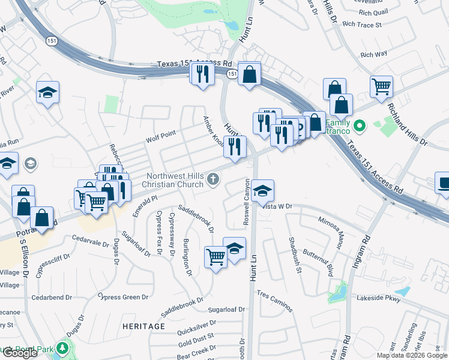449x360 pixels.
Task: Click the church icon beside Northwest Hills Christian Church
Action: point(212,179)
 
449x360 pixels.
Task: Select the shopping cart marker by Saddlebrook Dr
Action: point(215,257)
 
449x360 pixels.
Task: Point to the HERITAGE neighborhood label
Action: point(143,326)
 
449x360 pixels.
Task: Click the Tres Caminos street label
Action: point(275,301)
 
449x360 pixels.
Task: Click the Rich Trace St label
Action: point(362,25)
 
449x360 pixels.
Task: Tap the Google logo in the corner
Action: point(19,353)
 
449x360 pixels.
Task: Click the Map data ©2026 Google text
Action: point(411,355)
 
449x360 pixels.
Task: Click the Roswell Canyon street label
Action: point(246,201)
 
